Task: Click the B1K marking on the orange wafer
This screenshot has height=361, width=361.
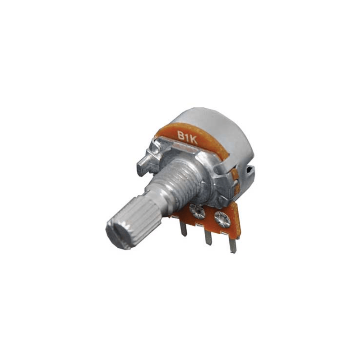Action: click(x=187, y=137)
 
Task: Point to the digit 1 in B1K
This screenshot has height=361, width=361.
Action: click(x=187, y=137)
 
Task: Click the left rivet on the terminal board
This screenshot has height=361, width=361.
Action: click(x=197, y=210)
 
